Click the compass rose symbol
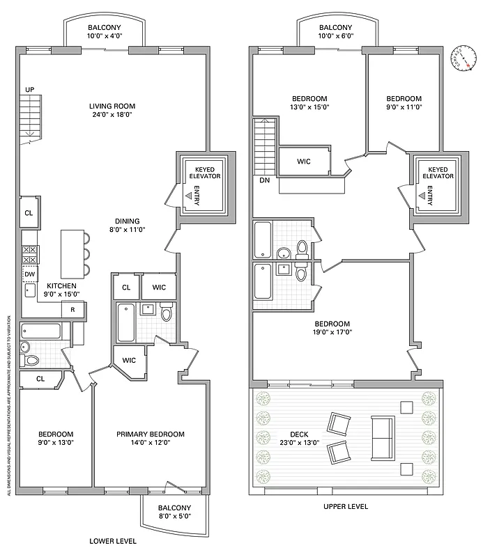tap(460, 58)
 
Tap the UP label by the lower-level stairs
tap(29, 90)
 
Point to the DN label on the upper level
tap(264, 180)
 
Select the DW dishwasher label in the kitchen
tap(30, 274)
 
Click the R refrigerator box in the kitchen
tap(73, 309)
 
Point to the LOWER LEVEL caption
tap(113, 540)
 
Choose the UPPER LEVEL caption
tap(346, 507)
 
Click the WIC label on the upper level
tap(303, 161)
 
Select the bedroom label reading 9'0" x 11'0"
tap(404, 103)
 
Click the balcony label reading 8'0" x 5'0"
tap(174, 512)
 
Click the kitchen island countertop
tap(70, 253)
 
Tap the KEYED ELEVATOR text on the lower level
tap(204, 173)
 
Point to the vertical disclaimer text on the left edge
tap(8, 404)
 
